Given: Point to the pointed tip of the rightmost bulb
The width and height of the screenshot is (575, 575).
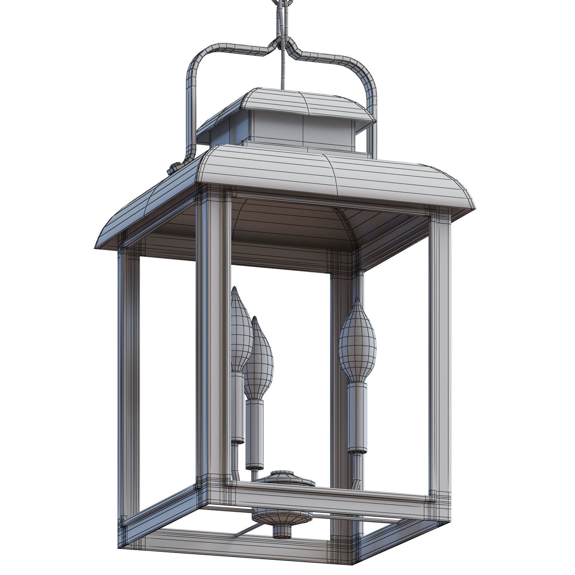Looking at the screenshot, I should tap(357, 299).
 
